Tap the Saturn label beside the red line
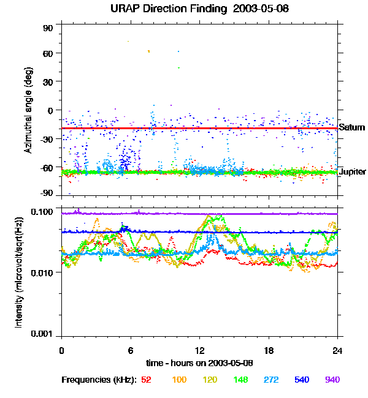coord(352,128)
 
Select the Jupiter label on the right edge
coord(353,171)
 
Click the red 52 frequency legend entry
coord(146,380)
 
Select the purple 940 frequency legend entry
coord(332,380)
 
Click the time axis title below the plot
coord(199,363)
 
